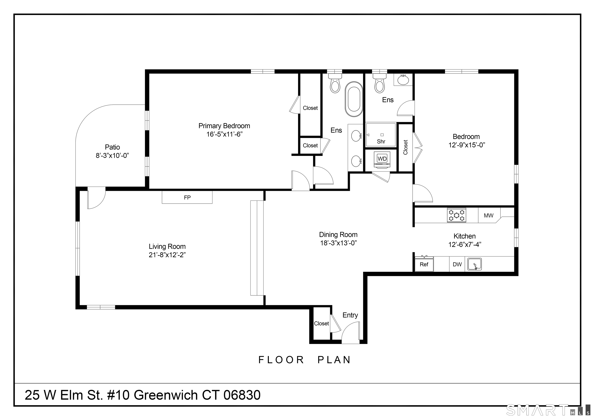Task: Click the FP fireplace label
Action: [x=187, y=198]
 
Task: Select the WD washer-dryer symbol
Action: [x=382, y=159]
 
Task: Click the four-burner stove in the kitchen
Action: [x=456, y=215]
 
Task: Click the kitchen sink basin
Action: [x=475, y=264]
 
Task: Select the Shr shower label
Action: [x=381, y=142]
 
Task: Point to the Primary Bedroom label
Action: [x=224, y=126]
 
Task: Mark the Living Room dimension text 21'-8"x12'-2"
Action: [x=167, y=255]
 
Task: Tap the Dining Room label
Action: [x=338, y=235]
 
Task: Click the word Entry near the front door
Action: [x=350, y=315]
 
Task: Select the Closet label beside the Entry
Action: [x=321, y=324]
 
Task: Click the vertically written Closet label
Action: [x=406, y=147]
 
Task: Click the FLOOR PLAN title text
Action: [x=304, y=360]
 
